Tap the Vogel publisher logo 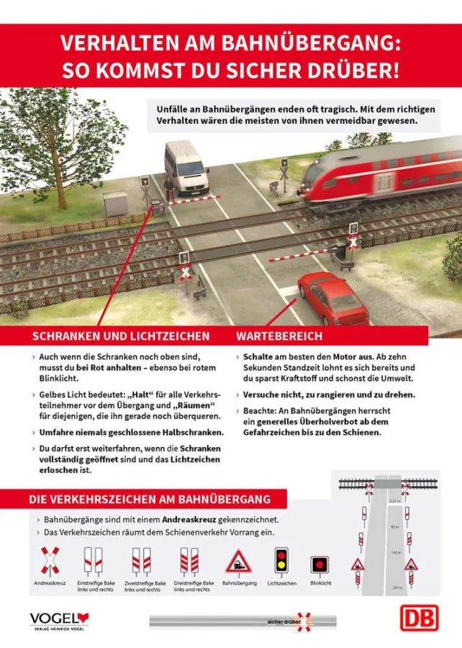click(x=58, y=619)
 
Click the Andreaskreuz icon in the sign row click(x=49, y=559)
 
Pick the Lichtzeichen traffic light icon click(x=280, y=562)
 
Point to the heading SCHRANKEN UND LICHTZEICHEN click(x=121, y=337)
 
